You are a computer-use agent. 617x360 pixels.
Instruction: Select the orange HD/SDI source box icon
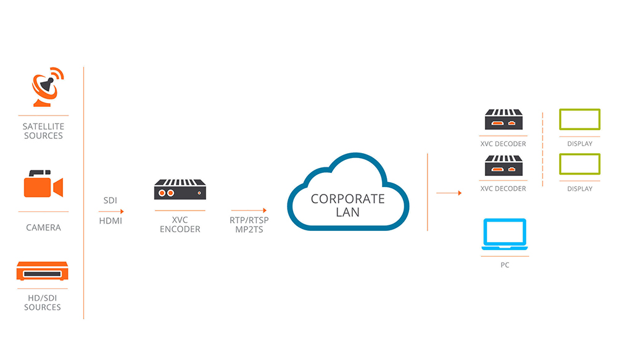point(43,272)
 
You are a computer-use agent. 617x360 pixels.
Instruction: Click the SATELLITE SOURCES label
point(43,131)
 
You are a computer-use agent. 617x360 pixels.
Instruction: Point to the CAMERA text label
point(43,228)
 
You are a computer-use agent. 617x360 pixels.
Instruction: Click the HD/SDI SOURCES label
point(43,303)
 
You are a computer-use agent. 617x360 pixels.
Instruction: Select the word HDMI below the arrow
point(110,220)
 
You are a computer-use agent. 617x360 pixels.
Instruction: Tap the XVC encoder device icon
point(179,190)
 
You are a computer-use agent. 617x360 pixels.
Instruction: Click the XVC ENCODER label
point(179,225)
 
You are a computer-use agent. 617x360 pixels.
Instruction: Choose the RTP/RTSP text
point(245,220)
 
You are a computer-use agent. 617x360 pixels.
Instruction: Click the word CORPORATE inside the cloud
point(347,199)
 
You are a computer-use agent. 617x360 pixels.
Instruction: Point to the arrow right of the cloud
point(449,193)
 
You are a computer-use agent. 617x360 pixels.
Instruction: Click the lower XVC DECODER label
point(503,188)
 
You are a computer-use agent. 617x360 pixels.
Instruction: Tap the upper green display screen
point(579,119)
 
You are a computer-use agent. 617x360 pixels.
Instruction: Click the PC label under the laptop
point(505,265)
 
